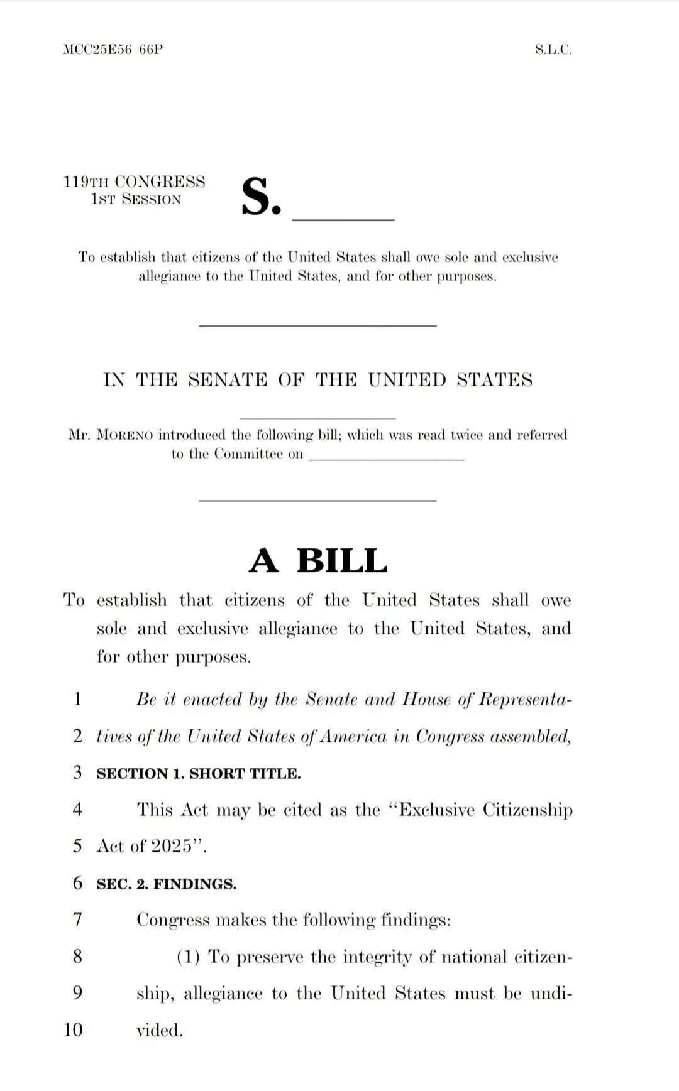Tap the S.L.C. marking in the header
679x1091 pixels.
(553, 50)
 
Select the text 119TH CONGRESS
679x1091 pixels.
(134, 182)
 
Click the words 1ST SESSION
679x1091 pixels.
(136, 200)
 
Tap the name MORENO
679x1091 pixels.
(124, 435)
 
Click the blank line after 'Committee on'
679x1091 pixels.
(386, 457)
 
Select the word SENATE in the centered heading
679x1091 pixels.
(228, 380)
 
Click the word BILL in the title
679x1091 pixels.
(342, 560)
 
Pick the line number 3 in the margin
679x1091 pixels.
(77, 772)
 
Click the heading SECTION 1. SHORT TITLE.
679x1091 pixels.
(199, 773)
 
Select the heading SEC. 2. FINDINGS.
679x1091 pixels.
(167, 884)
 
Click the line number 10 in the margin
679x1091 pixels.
(73, 1029)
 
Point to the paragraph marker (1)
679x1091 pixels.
(188, 957)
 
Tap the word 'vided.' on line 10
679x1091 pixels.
(160, 1030)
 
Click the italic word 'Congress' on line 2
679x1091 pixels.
(450, 736)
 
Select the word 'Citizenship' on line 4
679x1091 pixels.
(527, 810)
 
